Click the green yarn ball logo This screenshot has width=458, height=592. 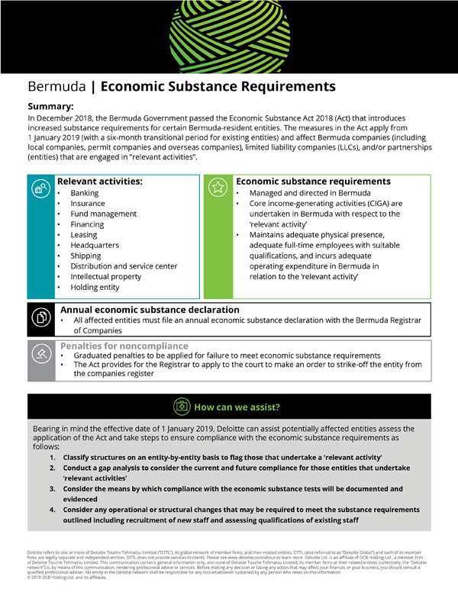(229, 34)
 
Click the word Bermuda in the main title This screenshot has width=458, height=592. (55, 86)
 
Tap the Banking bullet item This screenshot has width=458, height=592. (84, 194)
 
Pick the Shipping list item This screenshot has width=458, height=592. (85, 256)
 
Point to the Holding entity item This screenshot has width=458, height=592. (95, 288)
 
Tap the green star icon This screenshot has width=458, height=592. (218, 187)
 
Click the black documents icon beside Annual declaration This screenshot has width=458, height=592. (40, 317)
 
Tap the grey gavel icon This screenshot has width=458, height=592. (40, 355)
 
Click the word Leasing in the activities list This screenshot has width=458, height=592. (84, 236)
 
